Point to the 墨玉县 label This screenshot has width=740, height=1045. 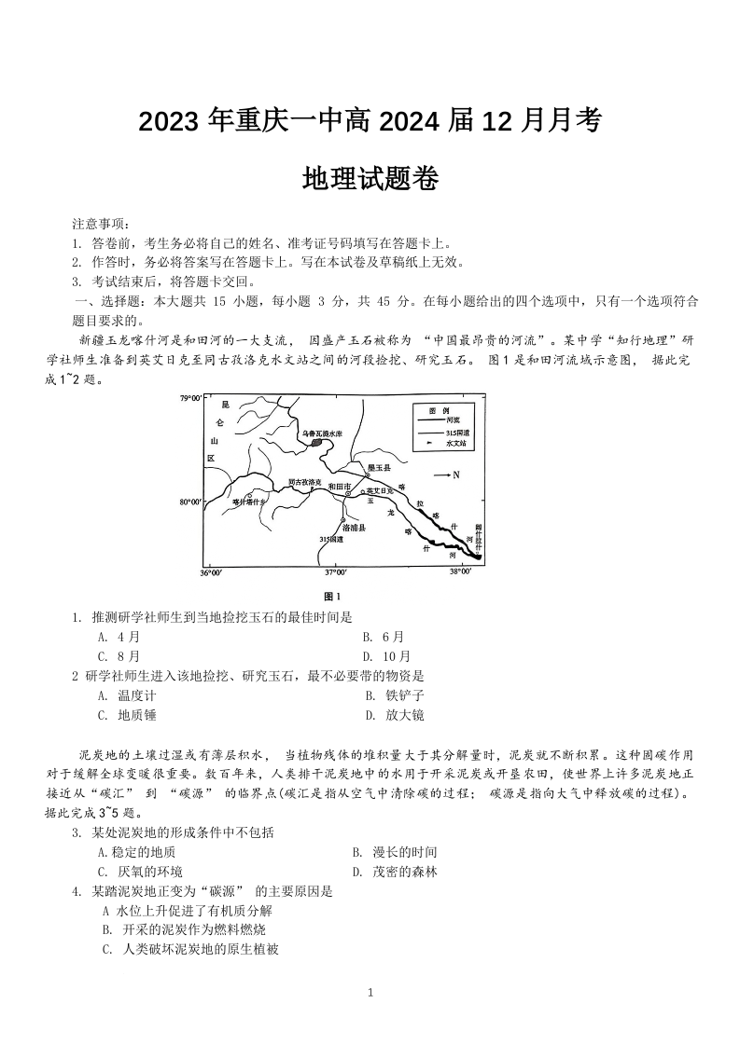(x=378, y=467)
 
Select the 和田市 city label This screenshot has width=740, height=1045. (x=340, y=487)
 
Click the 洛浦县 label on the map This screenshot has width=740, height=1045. (x=356, y=528)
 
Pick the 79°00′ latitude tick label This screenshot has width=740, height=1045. (x=190, y=398)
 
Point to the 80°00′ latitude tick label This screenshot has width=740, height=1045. (x=190, y=502)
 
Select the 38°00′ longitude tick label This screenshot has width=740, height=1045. (x=460, y=571)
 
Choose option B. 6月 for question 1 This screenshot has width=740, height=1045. (x=384, y=637)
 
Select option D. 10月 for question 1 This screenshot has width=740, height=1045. (x=386, y=656)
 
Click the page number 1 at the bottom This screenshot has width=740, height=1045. (x=370, y=993)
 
